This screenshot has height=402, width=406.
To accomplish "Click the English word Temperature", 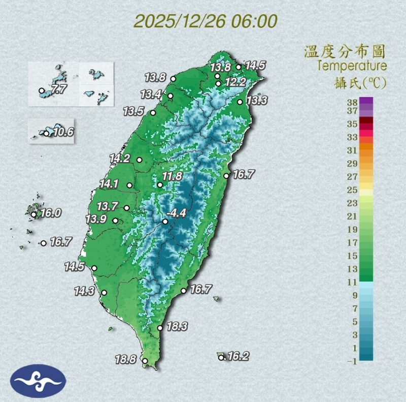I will (352, 66).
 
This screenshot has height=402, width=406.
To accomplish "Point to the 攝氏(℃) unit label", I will (361, 82).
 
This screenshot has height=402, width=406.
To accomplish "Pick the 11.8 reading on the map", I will (172, 176).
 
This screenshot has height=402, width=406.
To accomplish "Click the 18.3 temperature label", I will (177, 327).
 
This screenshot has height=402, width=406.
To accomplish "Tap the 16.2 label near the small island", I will (238, 356).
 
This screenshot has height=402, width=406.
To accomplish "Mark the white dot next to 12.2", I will (218, 84).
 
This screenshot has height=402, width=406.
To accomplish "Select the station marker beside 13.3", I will (240, 102).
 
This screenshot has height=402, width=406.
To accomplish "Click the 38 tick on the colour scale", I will (352, 102).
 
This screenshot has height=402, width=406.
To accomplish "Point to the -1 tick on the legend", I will (352, 361).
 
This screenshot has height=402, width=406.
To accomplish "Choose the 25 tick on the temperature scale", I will (352, 190).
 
